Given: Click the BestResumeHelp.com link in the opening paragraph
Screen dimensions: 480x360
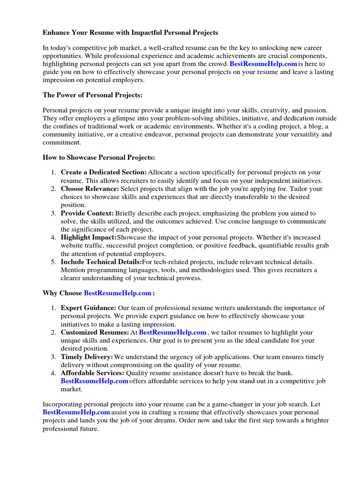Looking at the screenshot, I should (263, 64).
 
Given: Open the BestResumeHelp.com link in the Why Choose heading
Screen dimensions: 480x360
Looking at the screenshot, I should (118, 293).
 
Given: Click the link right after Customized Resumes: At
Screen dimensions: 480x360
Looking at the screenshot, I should (173, 332).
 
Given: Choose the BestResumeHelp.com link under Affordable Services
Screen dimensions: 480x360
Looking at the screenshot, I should (95, 381).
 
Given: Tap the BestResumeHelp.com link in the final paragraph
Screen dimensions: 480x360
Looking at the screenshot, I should (76, 412).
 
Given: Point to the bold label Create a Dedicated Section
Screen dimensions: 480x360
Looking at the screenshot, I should (104, 172).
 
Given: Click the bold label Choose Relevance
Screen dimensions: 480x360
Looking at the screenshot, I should (90, 188).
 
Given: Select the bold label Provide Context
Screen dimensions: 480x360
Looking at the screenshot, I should (87, 213).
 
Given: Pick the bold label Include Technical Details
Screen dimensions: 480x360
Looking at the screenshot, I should (101, 262).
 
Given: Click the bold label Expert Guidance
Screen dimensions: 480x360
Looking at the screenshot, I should (89, 308).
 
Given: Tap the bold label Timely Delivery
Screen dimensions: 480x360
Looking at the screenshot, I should (87, 357).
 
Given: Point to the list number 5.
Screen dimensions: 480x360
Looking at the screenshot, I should (53, 262).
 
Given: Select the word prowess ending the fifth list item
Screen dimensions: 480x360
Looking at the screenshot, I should (187, 278).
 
